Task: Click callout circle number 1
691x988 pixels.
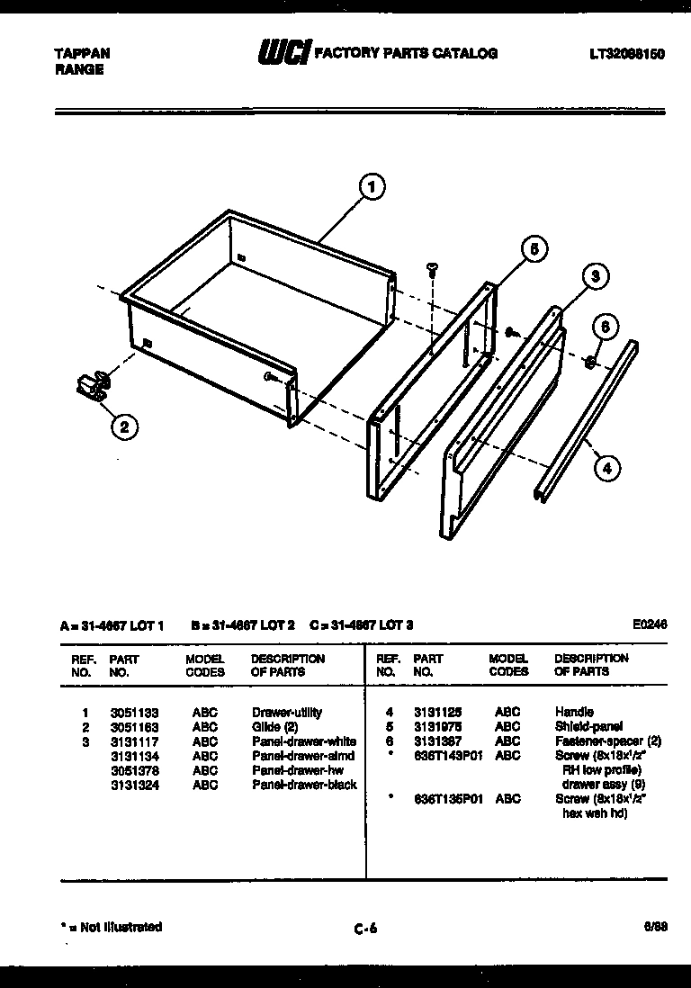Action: [x=371, y=186]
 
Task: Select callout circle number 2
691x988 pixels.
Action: [x=125, y=427]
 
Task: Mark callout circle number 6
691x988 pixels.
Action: [x=605, y=328]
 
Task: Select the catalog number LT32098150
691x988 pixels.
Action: [x=626, y=54]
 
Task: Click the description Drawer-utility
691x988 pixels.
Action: [x=286, y=712]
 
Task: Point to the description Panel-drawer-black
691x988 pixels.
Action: [x=303, y=785]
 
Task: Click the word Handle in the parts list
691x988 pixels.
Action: [x=574, y=712]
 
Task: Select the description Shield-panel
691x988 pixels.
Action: [x=588, y=726]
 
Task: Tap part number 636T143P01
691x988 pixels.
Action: [x=448, y=756]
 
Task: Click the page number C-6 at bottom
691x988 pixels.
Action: [x=364, y=930]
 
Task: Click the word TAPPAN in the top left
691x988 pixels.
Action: [x=76, y=54]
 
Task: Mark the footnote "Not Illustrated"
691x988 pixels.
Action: [x=111, y=927]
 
